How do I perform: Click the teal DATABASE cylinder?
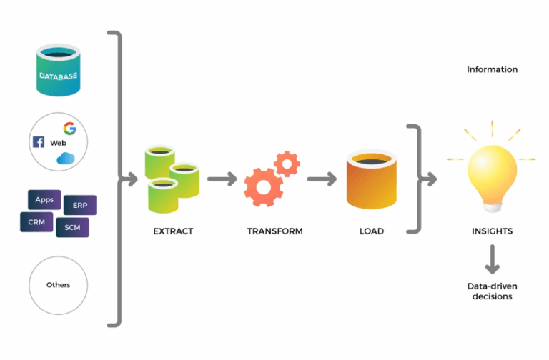pos(58,71)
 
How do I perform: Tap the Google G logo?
pos(69,129)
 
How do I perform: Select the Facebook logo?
pos(39,142)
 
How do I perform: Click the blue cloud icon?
pos(66,158)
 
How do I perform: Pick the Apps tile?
pos(44,200)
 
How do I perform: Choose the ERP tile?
pos(80,205)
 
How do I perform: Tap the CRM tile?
pos(36,222)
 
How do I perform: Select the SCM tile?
pos(72,227)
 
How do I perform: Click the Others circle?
pos(58,285)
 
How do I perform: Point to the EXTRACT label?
pos(173,231)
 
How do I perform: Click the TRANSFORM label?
pos(274,231)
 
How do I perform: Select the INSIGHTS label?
pos(492,231)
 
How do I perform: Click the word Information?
pos(492,69)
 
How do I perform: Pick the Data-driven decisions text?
pos(492,291)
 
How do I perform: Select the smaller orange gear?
pos(287,164)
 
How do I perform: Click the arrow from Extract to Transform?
pos(221,179)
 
